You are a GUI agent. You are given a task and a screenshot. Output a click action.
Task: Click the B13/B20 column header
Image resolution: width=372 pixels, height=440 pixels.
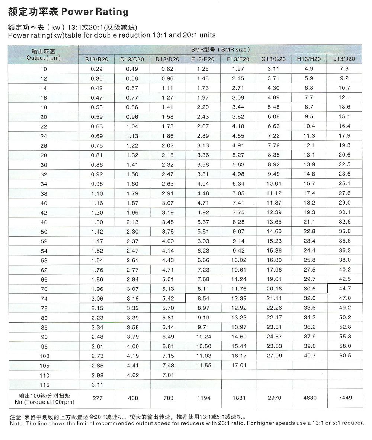(97, 59)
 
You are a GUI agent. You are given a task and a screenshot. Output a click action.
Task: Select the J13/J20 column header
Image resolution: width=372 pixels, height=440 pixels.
(344, 59)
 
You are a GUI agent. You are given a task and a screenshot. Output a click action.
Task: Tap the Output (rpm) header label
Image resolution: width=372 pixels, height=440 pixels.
(44, 58)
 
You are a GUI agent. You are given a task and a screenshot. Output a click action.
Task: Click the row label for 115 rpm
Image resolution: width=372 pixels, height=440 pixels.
(44, 385)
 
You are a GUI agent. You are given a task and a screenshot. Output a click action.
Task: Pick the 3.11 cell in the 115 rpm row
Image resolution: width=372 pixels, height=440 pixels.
(97, 385)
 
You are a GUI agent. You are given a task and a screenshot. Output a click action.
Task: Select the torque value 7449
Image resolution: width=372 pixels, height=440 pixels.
(344, 398)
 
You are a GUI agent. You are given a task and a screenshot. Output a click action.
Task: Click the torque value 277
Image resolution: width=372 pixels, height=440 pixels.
(97, 398)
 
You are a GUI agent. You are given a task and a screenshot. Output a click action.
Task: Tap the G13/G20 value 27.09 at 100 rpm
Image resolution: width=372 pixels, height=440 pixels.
(274, 356)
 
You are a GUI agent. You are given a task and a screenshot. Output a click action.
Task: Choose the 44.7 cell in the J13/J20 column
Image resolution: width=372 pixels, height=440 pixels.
(344, 289)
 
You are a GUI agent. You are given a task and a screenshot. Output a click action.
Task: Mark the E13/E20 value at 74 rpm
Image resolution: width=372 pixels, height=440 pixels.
(203, 298)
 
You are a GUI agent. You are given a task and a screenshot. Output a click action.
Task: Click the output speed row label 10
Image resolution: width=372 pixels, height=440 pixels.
(44, 69)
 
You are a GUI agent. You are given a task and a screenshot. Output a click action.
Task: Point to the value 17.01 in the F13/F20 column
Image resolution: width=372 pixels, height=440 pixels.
(239, 366)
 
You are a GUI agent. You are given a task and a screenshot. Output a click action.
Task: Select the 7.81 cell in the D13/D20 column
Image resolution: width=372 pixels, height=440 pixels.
(168, 375)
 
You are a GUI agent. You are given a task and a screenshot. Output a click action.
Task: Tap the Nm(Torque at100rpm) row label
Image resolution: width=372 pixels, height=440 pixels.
(44, 402)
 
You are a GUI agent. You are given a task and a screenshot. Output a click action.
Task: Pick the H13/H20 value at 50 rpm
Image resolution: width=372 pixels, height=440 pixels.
(310, 231)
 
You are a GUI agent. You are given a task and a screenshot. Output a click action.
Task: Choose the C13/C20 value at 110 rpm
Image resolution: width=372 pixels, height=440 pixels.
(132, 375)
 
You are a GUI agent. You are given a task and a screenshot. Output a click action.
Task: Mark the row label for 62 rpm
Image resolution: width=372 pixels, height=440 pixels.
(44, 270)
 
